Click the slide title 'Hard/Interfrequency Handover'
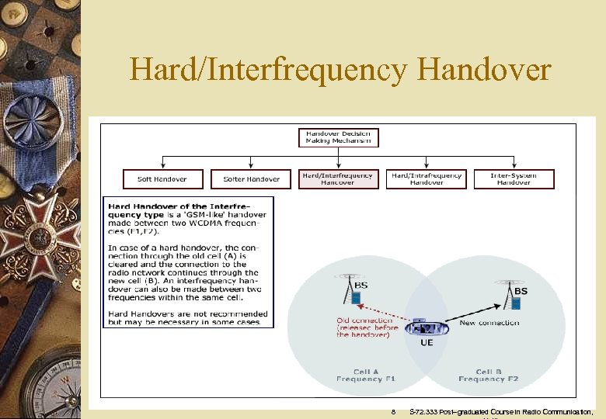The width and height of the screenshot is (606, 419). pos(340,70)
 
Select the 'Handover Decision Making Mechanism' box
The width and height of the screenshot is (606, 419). pos(338,137)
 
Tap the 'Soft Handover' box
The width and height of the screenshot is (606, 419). pos(162,179)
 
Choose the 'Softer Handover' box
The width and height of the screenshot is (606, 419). pos(251,179)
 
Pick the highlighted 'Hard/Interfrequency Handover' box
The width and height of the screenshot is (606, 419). pos(338,179)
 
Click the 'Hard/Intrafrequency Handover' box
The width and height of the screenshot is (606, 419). pos(427,179)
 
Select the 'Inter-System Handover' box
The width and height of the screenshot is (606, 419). pos(514,179)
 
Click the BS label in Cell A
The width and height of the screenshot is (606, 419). pos(361,286)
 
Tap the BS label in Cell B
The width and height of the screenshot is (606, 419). pos(521,291)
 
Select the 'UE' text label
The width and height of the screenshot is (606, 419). pos(427,342)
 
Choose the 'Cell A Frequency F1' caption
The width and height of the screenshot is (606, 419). pos(365,376)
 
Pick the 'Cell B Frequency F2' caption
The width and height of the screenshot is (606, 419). pos(488,376)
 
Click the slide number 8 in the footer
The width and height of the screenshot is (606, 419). pos(394,411)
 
